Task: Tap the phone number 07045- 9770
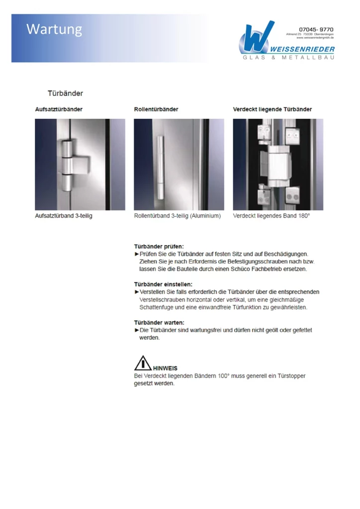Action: tap(316, 29)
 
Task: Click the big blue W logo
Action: tap(257, 39)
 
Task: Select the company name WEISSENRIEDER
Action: tap(302, 49)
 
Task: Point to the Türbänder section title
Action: tap(65, 93)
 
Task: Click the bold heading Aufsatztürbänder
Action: tap(59, 109)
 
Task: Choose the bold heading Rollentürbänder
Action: tap(156, 109)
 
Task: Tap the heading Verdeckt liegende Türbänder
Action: tap(272, 109)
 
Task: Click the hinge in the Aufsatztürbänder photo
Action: tap(70, 164)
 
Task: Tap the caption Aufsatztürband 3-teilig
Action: tap(64, 216)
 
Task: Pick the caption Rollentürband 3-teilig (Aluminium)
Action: tap(178, 216)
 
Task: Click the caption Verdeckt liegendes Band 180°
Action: tap(271, 216)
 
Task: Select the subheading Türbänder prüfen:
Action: tap(159, 246)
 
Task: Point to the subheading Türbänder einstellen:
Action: tap(163, 284)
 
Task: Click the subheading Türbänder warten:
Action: tap(159, 323)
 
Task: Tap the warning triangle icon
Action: tap(143, 363)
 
